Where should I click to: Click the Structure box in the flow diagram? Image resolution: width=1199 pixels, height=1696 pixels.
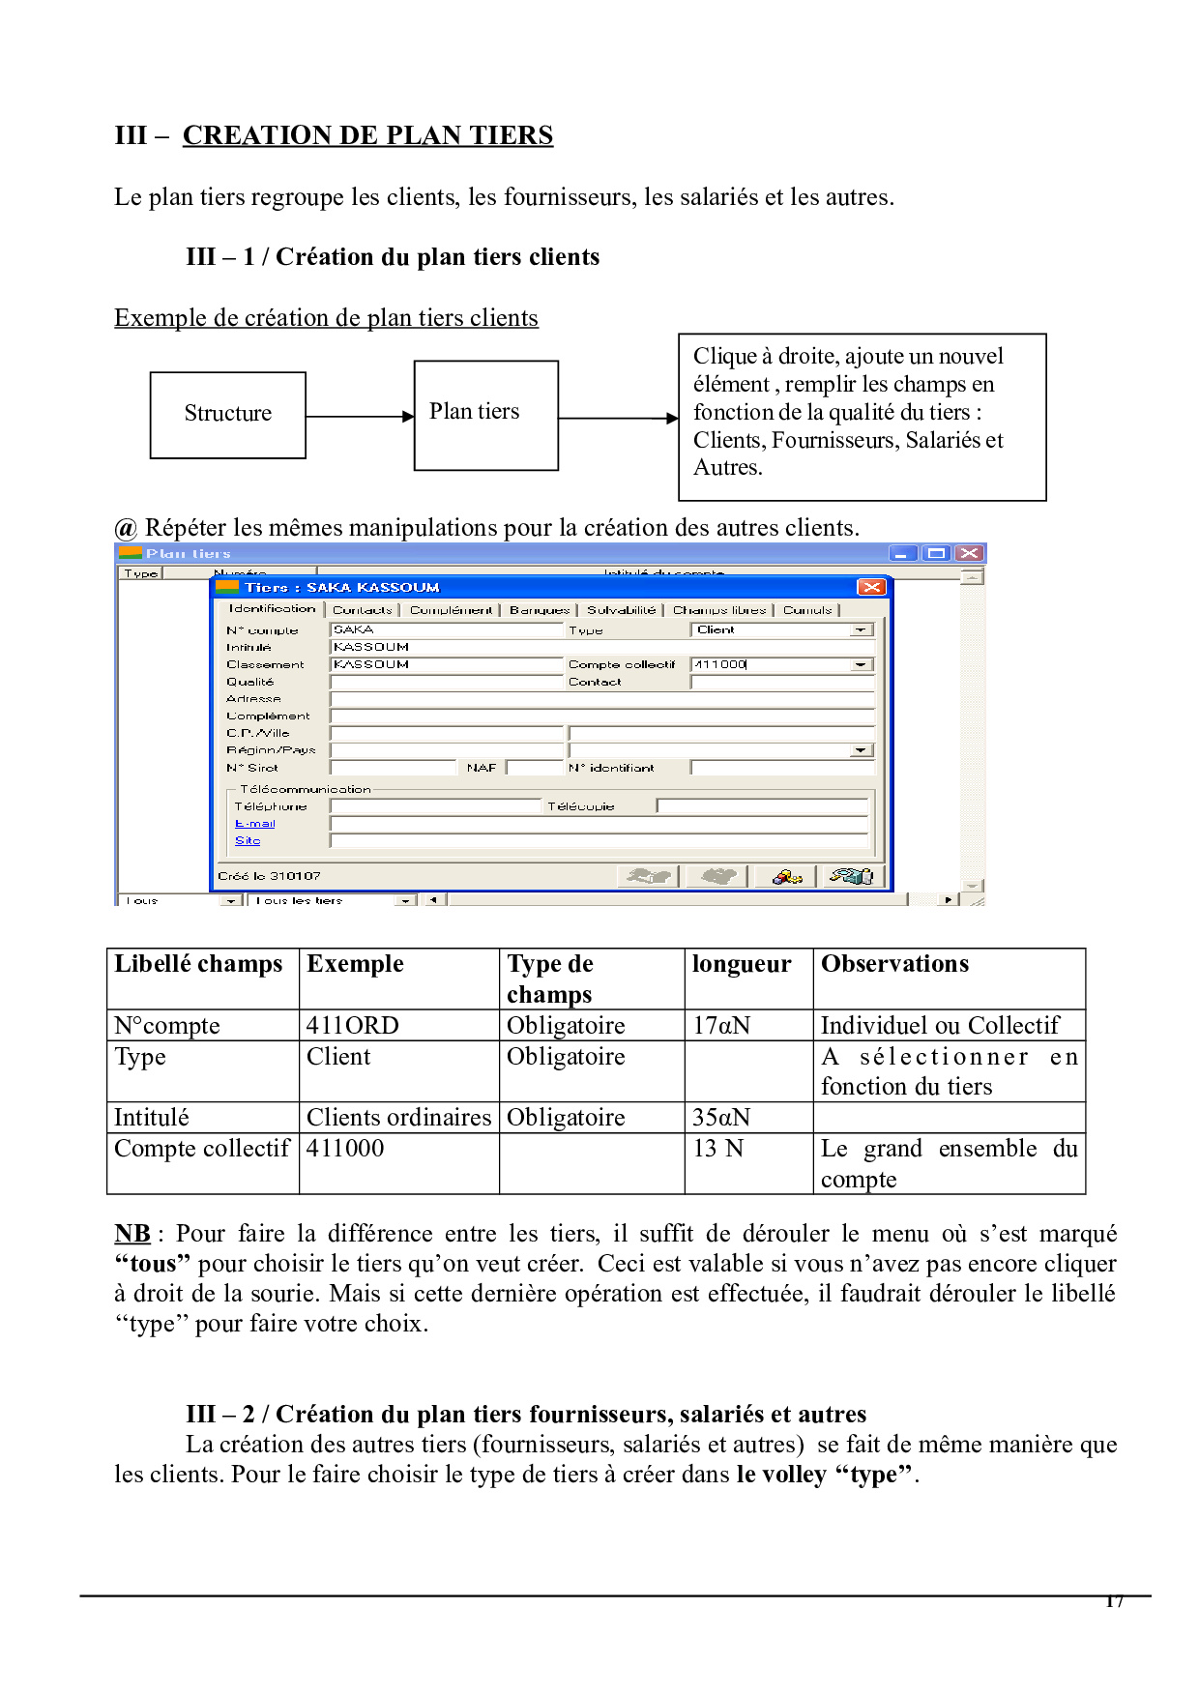[x=228, y=415]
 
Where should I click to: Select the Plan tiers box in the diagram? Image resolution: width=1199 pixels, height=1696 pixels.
[x=485, y=415]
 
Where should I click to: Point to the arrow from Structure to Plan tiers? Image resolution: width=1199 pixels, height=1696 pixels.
[x=359, y=417]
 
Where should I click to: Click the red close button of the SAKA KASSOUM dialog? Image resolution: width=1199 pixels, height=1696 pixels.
[x=870, y=587]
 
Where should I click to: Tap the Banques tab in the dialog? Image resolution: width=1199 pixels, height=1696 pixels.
[x=540, y=610]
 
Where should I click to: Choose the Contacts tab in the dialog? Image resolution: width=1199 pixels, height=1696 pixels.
[x=362, y=610]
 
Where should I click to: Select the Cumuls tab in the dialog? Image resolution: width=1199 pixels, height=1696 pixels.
[x=807, y=610]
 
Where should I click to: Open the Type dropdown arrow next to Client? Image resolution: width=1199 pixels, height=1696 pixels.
[x=861, y=629]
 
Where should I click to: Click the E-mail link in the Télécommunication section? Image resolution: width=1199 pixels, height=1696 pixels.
[x=255, y=824]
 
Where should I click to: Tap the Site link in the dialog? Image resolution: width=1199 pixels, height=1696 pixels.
[x=248, y=841]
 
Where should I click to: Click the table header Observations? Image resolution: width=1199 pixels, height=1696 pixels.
[x=894, y=964]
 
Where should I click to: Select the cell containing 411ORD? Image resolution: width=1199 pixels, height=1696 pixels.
[x=353, y=1025]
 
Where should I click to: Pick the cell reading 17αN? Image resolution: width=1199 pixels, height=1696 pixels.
[x=721, y=1025]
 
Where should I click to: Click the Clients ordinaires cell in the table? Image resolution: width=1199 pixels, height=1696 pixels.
[x=398, y=1118]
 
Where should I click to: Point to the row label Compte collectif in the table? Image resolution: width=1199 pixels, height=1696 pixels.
[x=201, y=1149]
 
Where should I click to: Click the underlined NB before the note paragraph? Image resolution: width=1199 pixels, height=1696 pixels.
[x=132, y=1234]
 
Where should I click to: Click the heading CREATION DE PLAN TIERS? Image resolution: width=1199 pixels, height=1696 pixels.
[x=367, y=135]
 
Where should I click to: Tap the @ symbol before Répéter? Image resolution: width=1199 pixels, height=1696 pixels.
[x=126, y=528]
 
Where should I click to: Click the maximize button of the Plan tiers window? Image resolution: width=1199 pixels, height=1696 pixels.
[x=935, y=553]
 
